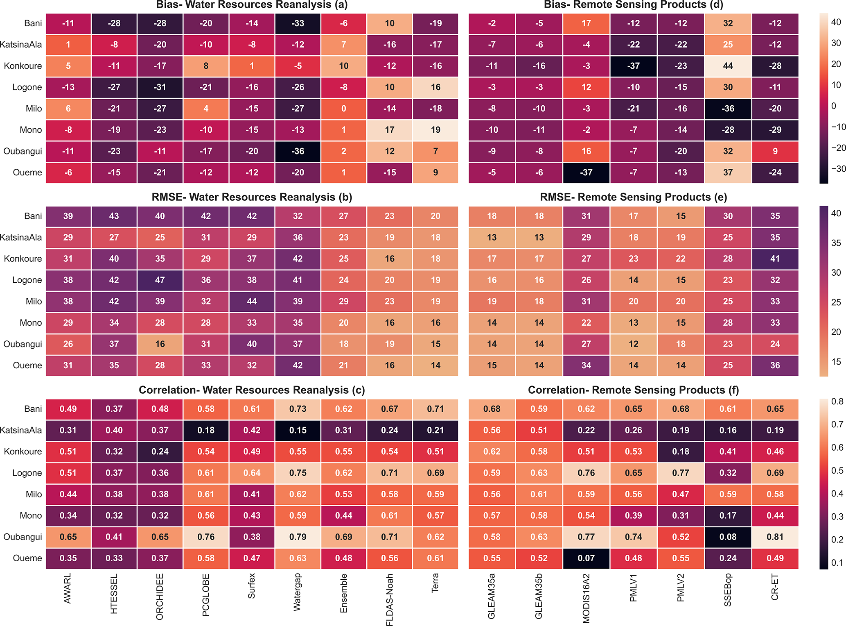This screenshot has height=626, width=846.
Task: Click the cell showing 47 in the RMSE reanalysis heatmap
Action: (x=160, y=280)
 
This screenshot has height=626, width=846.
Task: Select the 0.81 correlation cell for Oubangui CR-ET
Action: (x=775, y=537)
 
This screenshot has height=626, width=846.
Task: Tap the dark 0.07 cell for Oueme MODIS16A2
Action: (x=586, y=558)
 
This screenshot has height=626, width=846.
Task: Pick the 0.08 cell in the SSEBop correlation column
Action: (x=728, y=537)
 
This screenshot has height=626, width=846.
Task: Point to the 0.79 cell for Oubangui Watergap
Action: (x=298, y=537)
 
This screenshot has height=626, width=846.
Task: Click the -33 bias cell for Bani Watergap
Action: (x=298, y=23)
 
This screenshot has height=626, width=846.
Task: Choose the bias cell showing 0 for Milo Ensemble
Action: (x=344, y=109)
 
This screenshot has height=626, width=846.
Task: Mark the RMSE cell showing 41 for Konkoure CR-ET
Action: (x=775, y=259)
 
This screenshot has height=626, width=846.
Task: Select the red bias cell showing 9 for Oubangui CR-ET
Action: (x=775, y=151)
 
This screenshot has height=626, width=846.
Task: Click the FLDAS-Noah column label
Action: (x=390, y=599)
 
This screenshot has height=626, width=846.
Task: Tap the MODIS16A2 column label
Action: (x=586, y=598)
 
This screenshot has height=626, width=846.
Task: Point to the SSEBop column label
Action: (x=728, y=590)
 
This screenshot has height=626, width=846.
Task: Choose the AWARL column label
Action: (x=68, y=588)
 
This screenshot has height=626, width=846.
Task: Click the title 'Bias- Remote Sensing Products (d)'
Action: (x=633, y=5)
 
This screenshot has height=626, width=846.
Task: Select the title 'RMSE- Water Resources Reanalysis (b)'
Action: (x=252, y=197)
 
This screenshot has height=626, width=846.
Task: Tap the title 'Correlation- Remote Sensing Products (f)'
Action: (x=633, y=390)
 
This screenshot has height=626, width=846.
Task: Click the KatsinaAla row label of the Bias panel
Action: (x=21, y=45)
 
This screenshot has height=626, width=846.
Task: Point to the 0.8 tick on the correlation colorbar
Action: (x=837, y=401)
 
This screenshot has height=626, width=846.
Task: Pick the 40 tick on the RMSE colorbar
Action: (x=836, y=213)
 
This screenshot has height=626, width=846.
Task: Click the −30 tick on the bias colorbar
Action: (x=838, y=169)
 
